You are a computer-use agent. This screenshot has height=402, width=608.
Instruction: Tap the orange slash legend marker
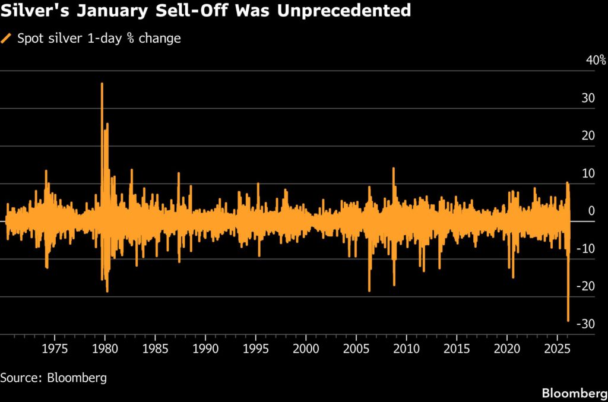click(7, 39)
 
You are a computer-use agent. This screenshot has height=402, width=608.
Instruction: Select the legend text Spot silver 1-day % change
click(98, 39)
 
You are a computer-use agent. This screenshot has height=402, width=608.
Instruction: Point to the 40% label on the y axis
click(596, 61)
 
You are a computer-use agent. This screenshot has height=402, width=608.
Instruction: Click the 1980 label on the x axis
click(104, 347)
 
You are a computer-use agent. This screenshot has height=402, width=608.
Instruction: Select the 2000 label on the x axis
click(306, 347)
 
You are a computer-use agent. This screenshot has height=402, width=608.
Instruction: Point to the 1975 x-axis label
click(54, 347)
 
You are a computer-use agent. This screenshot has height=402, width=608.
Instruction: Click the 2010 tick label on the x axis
click(406, 347)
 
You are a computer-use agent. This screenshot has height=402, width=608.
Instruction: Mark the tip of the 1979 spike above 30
click(102, 84)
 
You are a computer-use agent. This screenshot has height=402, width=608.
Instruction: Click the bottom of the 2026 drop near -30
click(568, 321)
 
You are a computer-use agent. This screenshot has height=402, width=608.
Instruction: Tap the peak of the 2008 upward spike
click(393, 169)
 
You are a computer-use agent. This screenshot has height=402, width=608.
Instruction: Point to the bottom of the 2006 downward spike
click(369, 290)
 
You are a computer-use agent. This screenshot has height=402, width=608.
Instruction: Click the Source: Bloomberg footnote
click(53, 377)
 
